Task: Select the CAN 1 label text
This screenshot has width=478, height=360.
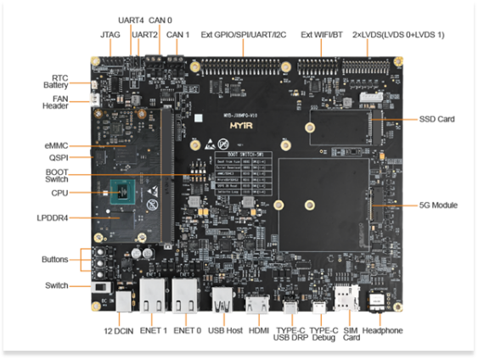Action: (177, 35)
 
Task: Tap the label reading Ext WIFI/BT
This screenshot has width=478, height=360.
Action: (322, 35)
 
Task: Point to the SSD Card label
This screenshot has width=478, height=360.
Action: (436, 119)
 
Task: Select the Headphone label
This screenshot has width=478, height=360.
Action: (382, 329)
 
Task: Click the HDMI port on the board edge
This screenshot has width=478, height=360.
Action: (257, 303)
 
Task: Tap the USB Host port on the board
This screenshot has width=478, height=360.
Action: (222, 301)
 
